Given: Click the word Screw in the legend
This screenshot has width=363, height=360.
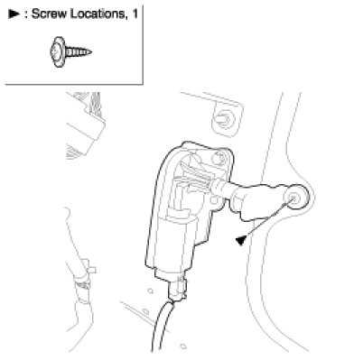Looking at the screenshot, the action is pos(49,14).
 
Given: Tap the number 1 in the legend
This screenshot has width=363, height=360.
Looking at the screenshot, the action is pos(135,14).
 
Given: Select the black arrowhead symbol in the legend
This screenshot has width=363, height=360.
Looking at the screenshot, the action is pos(14,14).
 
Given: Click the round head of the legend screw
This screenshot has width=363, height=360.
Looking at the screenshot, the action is pos(57,51).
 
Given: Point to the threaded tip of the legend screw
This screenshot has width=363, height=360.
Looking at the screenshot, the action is pos(88,52).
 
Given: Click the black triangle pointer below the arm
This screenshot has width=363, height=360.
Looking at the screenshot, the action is pos(241,240).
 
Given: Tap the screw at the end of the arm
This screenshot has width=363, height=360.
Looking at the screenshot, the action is pos(293,198).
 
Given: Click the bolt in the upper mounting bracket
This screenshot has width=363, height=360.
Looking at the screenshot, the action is pos(224,119).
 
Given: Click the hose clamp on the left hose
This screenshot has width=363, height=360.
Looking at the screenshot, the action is pos(83,284).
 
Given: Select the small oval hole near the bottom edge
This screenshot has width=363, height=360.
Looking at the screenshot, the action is pos(183,346).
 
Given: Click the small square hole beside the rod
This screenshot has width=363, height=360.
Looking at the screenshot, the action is pos(214,200).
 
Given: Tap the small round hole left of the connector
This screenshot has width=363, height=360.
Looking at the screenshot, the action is pos(151,291).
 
